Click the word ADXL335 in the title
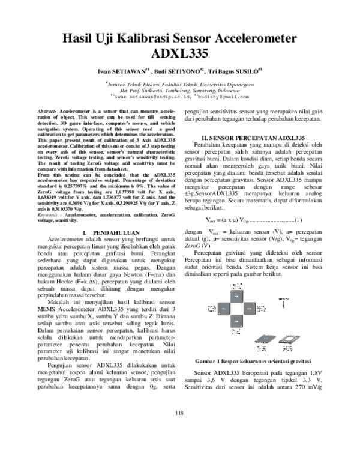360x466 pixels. (x=180, y=53)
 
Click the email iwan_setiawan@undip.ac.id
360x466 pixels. (x=152, y=96)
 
